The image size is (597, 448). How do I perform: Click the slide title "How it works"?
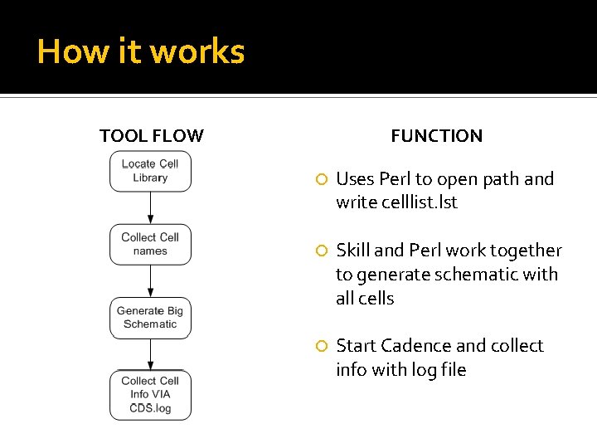click(x=141, y=51)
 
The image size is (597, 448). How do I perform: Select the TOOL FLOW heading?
click(x=152, y=136)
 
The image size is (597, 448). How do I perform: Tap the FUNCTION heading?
click(x=437, y=136)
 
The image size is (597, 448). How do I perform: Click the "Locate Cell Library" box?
click(x=150, y=171)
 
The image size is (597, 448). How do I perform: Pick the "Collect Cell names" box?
click(x=150, y=244)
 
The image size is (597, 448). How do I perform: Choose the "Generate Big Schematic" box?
click(x=150, y=318)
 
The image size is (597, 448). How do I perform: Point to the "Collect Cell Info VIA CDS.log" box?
click(x=150, y=395)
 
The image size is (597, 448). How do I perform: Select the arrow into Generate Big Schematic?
click(x=150, y=281)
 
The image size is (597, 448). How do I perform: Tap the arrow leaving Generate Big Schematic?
click(x=150, y=354)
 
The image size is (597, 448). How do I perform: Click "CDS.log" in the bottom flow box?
click(x=150, y=408)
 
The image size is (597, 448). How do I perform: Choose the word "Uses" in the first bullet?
click(x=355, y=179)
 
